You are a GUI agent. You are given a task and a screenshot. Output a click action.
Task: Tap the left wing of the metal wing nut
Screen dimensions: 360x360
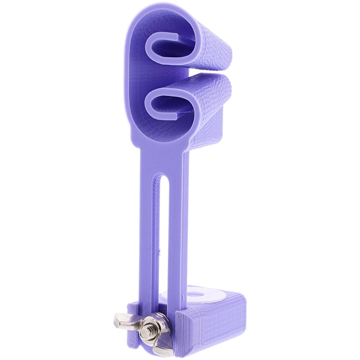[x=122, y=320]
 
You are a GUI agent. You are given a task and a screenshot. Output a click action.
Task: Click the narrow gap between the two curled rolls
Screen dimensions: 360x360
[x=202, y=72]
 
